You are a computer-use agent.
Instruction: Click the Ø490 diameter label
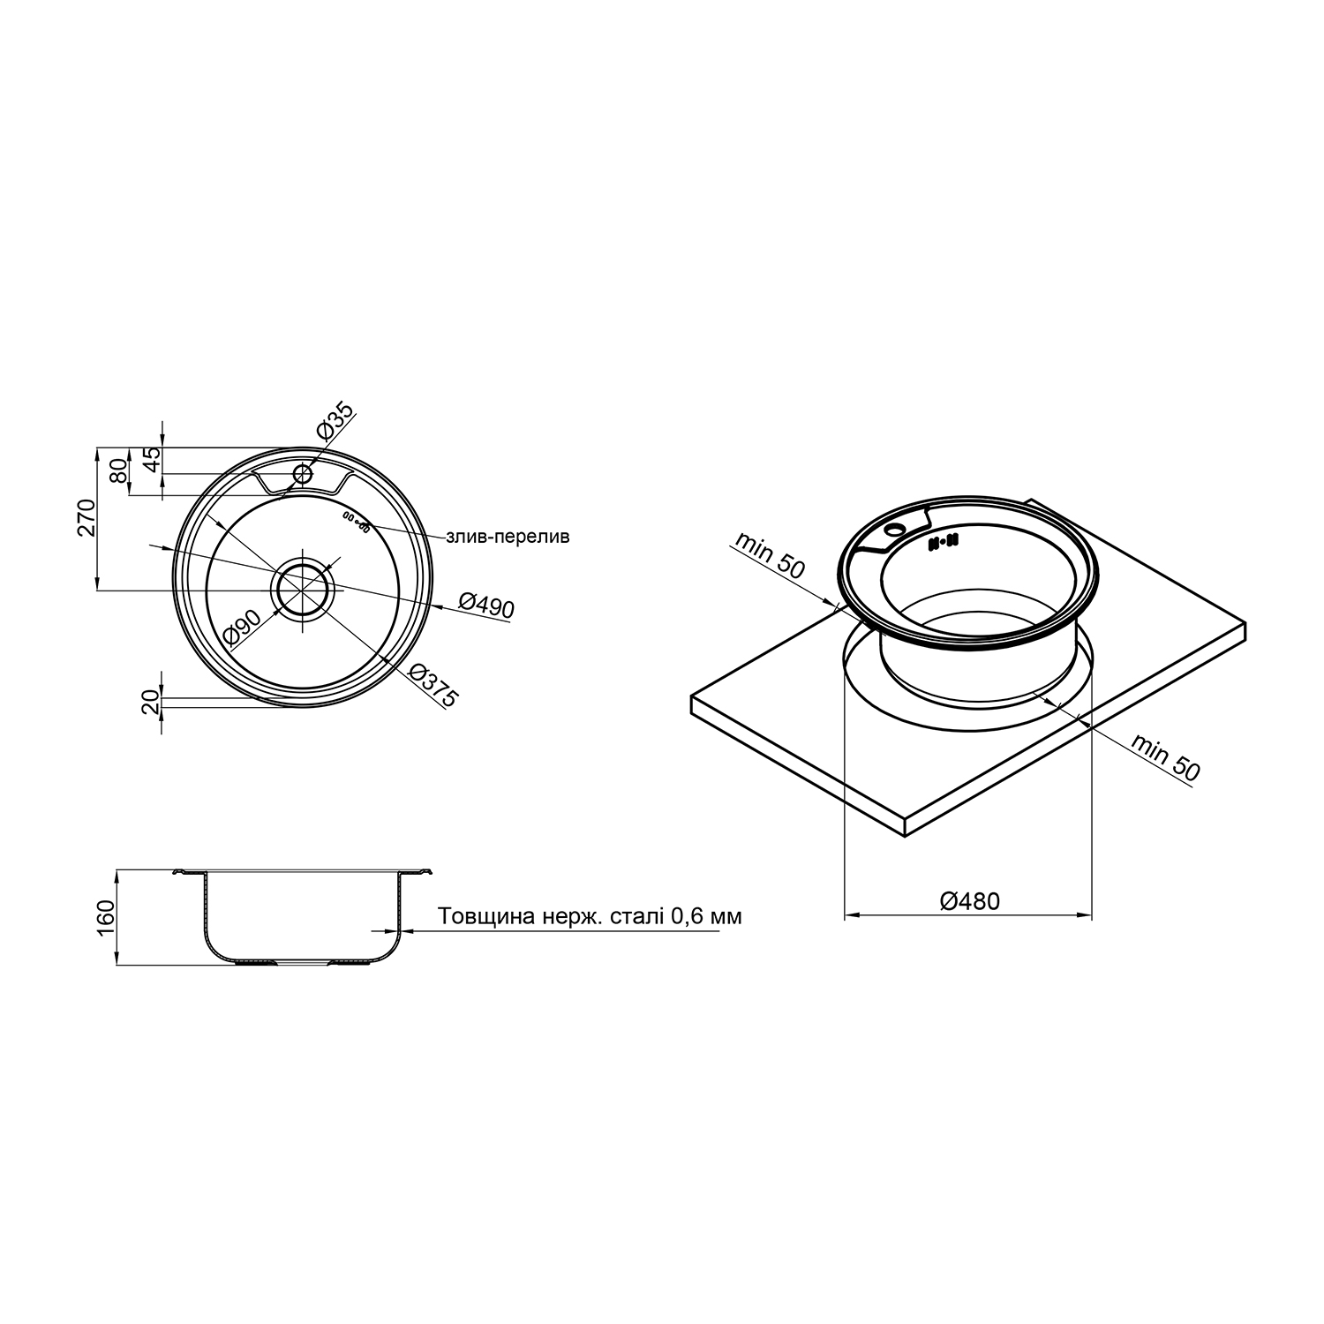click(486, 605)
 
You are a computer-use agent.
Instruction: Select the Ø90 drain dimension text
click(242, 625)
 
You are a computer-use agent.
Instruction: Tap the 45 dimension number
click(151, 460)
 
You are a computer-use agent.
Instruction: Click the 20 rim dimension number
click(151, 702)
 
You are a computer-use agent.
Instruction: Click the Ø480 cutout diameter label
click(970, 901)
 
